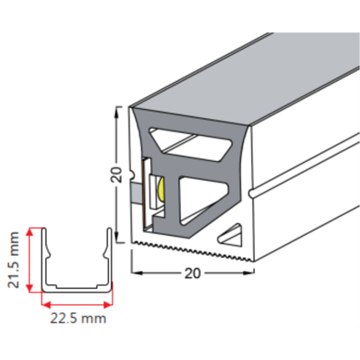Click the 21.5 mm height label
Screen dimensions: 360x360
point(13,260)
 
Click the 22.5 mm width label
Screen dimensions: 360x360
point(78,319)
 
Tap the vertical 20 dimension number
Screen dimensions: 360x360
point(117,175)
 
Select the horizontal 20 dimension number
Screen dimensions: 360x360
point(192,273)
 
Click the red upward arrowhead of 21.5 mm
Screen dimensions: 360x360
point(30,232)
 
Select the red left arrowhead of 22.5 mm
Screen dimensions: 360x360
point(46,305)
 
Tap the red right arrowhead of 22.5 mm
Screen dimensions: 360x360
point(108,305)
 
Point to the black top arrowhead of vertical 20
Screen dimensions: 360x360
point(118,111)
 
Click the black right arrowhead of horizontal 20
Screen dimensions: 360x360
point(250,273)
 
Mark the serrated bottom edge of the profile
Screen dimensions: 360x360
point(192,250)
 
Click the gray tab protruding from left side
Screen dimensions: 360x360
point(137,192)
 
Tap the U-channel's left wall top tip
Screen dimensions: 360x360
point(44,229)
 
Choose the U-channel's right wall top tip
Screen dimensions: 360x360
point(110,229)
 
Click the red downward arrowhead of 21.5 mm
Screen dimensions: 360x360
point(30,287)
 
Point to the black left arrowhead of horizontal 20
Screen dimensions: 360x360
point(137,273)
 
